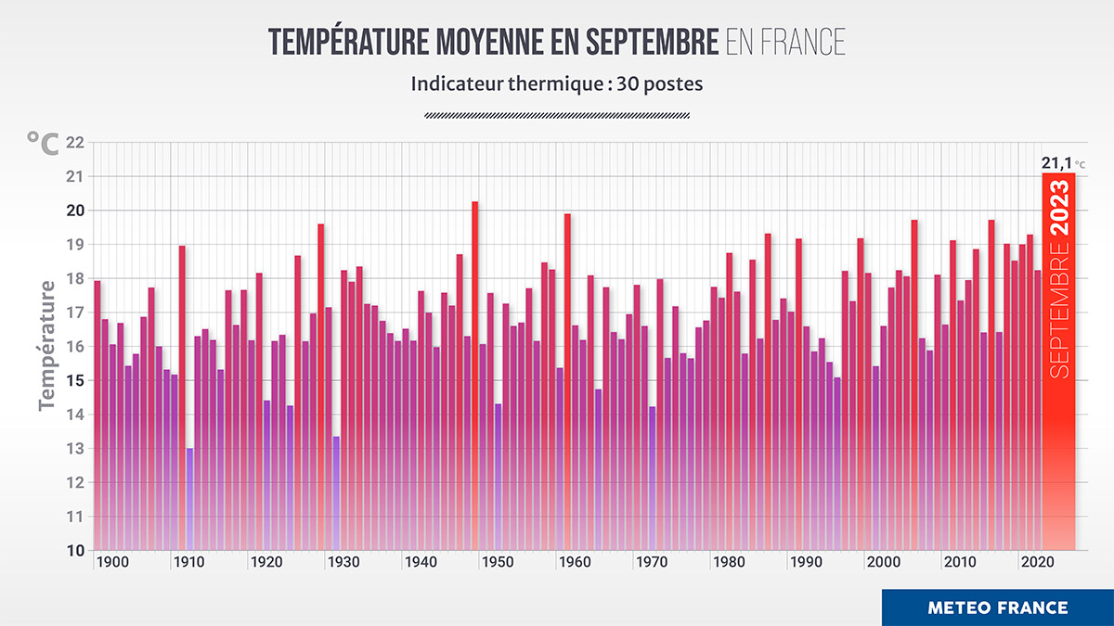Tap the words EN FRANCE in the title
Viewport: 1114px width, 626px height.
(x=785, y=42)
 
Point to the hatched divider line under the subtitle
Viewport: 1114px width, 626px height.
(x=557, y=115)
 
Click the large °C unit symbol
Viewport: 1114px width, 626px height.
(x=43, y=143)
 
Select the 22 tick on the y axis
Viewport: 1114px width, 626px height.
(x=75, y=143)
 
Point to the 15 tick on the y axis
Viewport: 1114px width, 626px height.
(x=75, y=380)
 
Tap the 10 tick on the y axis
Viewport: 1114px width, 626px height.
(x=75, y=550)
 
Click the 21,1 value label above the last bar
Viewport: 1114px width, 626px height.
(x=1056, y=163)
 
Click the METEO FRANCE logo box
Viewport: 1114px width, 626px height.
(x=997, y=607)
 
